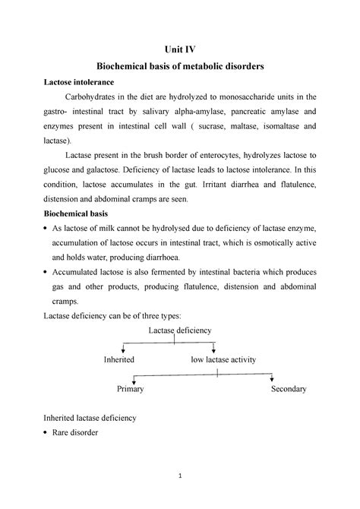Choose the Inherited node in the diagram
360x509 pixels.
tap(119, 359)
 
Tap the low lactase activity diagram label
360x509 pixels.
tap(223, 359)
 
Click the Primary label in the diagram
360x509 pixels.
tap(130, 389)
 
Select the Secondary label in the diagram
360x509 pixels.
tap(289, 389)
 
